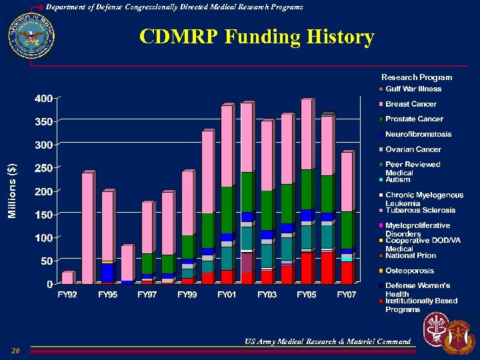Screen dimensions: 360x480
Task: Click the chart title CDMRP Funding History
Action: tap(257, 37)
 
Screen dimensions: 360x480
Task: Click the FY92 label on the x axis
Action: tap(67, 294)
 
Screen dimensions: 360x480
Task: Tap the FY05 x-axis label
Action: tap(307, 294)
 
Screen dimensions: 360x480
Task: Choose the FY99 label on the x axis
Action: tap(187, 294)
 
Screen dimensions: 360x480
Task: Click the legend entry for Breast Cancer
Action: tap(411, 104)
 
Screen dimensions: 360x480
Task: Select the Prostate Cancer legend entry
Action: tap(414, 119)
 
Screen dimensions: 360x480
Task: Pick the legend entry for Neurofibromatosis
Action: tap(418, 134)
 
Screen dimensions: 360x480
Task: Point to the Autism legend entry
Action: tap(397, 179)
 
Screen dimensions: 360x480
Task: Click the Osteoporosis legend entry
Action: tap(409, 271)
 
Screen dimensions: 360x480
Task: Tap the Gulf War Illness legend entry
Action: tap(413, 89)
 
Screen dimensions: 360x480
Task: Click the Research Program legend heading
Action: tap(416, 77)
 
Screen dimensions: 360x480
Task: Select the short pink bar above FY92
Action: tap(67, 277)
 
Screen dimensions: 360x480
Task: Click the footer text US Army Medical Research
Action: tap(327, 341)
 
